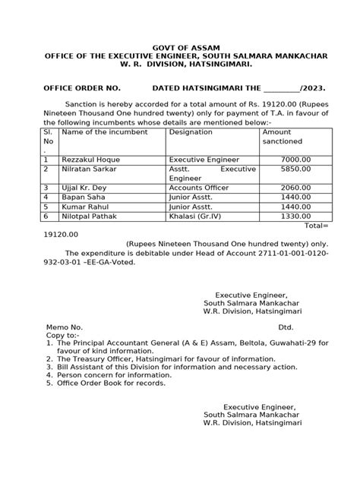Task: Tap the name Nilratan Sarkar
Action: click(x=91, y=170)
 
